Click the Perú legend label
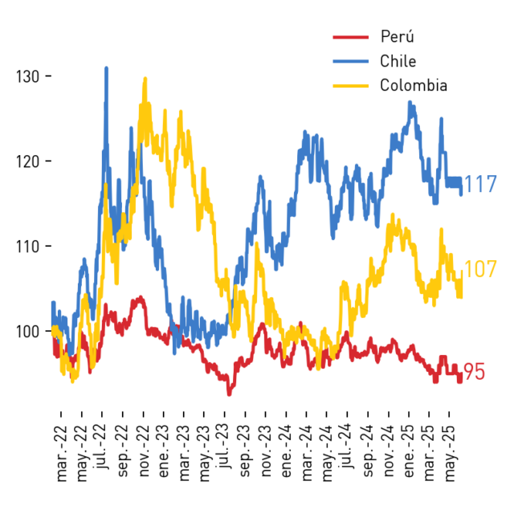398,36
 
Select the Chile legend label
398,61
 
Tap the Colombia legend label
414,86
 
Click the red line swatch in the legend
351,37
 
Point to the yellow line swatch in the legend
351,86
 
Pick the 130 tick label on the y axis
27,77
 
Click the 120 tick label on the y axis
27,161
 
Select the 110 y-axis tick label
27,247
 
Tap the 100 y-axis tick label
27,332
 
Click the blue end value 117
480,184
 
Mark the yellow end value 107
480,269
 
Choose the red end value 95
475,372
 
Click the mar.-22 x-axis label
62,453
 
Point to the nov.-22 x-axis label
144,451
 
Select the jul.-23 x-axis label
224,446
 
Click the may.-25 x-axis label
450,453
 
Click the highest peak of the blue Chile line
106,68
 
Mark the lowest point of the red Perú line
229,394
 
